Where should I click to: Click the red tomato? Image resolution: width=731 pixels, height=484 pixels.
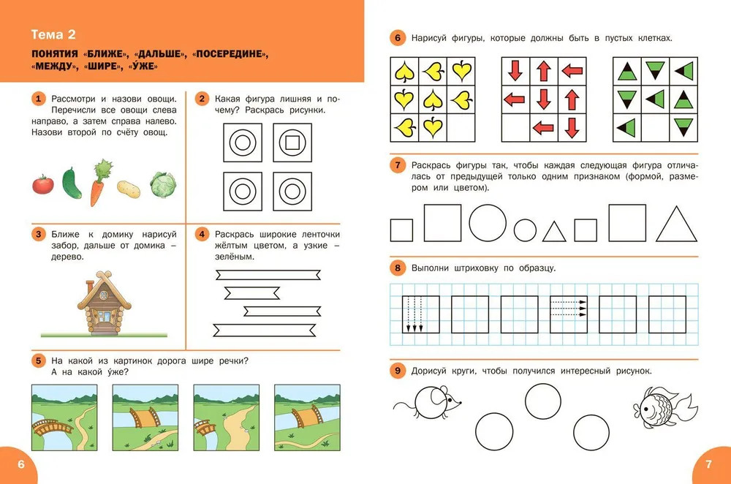pos(43,185)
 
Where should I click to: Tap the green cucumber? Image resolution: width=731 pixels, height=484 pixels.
pos(72,184)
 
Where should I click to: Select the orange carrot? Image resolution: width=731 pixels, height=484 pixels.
pos(99,183)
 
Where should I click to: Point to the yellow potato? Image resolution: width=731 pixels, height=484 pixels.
pos(128,189)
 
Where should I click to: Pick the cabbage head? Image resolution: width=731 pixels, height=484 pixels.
pos(163,185)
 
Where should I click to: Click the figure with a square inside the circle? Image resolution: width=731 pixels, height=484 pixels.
pos(292,143)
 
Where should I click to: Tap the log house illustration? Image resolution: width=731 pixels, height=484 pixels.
pos(104,303)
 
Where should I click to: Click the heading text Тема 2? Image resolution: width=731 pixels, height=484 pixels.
pos(53,34)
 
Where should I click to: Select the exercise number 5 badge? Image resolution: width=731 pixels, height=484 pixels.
pos(39,360)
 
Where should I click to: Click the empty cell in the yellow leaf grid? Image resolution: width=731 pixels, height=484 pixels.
pos(461,128)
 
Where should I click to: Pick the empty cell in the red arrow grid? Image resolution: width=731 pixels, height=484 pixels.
pos(515,128)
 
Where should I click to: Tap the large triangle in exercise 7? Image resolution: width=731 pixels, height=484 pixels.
pos(676,224)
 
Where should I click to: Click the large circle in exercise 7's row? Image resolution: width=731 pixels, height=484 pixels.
pos(488,223)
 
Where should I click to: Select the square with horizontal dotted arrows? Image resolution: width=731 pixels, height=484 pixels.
pos(568,314)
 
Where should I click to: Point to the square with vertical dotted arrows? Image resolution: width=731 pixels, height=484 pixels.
pos(421,314)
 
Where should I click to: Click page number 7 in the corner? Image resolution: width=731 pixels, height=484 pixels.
pos(709,464)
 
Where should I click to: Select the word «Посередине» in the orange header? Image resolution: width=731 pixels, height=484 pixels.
pos(230,53)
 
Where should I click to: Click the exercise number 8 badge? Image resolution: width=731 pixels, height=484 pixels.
pos(398,268)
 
